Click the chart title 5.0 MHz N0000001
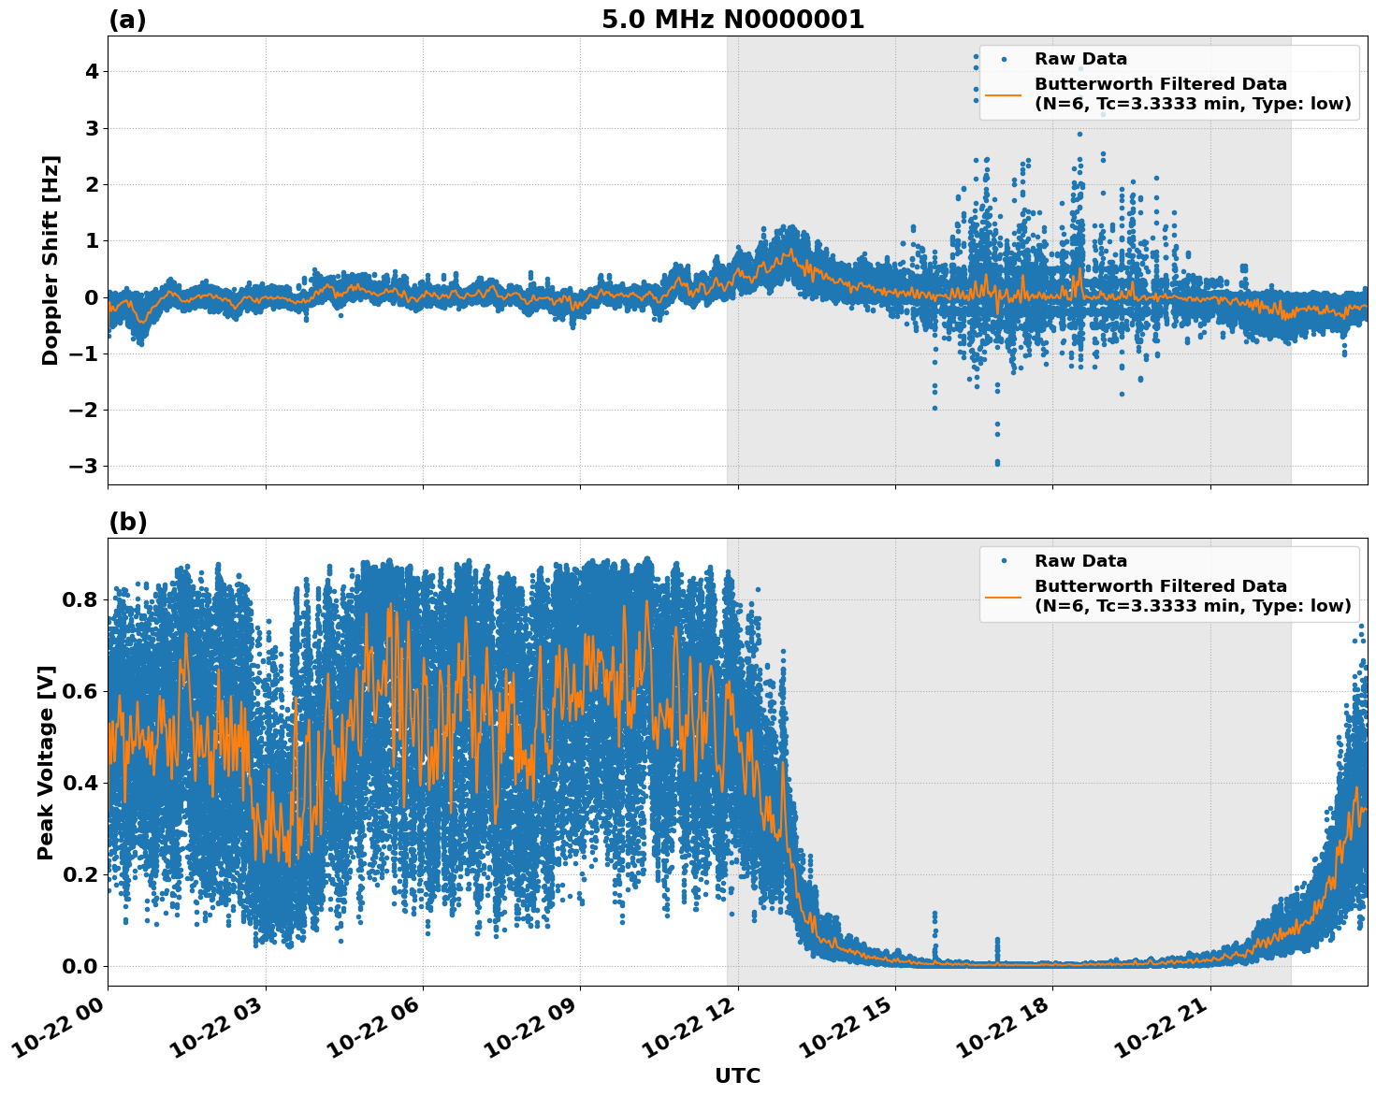[x=732, y=20]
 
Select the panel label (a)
[x=127, y=20]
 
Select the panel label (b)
[x=127, y=522]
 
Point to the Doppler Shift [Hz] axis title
[x=51, y=260]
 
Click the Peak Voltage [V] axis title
[x=46, y=762]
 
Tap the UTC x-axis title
[x=737, y=1075]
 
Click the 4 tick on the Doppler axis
[x=92, y=72]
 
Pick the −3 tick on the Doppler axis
[x=86, y=466]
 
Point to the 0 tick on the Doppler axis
[x=92, y=297]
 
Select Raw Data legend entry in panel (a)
[x=1080, y=59]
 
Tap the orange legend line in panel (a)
[x=1003, y=94]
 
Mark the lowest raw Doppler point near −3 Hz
[x=997, y=463]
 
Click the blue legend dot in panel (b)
[x=1003, y=561]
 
